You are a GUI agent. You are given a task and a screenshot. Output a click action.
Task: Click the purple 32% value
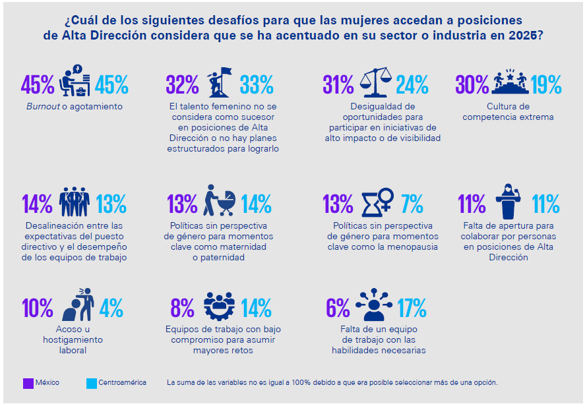[182, 84]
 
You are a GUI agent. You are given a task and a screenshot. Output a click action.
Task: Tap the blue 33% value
[257, 84]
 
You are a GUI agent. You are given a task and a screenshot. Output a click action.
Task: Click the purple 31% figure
[338, 84]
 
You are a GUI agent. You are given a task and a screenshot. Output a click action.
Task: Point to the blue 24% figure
[412, 84]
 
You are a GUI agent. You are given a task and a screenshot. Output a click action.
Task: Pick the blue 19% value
[546, 84]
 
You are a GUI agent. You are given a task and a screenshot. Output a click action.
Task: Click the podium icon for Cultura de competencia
[509, 82]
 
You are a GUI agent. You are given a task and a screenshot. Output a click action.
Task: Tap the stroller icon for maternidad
[220, 201]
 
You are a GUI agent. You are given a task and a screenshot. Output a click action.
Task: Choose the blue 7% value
[412, 204]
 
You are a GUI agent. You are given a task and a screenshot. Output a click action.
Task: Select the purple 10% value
[38, 308]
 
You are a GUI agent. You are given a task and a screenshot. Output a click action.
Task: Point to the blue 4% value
[111, 308]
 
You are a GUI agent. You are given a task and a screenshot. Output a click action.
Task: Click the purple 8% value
[182, 308]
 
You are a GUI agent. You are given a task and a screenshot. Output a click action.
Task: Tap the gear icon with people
[219, 306]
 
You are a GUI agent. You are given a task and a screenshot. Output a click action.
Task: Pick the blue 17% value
[412, 308]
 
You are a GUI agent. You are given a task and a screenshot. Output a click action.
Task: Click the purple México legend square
[28, 383]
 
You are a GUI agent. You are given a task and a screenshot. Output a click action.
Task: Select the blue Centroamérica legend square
[92, 383]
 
